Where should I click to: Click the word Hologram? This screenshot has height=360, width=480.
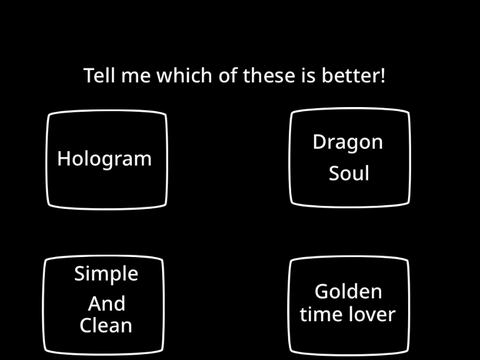(x=104, y=160)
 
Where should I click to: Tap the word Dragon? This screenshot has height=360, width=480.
(x=348, y=143)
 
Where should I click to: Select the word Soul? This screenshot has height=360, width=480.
(x=349, y=173)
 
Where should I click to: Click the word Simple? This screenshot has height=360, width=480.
(x=106, y=274)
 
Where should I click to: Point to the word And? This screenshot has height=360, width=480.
(x=107, y=303)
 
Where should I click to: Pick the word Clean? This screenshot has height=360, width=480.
(x=106, y=325)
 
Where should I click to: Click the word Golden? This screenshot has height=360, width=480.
(x=348, y=291)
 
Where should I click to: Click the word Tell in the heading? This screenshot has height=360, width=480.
(x=100, y=75)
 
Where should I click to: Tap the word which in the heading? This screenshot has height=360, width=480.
(x=184, y=75)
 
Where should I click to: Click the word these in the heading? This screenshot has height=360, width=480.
(x=269, y=75)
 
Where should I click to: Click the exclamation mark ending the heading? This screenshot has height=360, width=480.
(x=382, y=75)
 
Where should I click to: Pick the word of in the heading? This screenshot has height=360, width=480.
(x=228, y=75)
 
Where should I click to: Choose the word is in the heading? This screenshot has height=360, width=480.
(x=308, y=75)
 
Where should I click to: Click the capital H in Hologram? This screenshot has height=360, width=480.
(x=63, y=158)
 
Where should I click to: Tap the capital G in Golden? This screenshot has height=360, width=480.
(x=322, y=291)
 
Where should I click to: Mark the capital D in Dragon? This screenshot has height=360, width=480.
(x=320, y=142)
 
